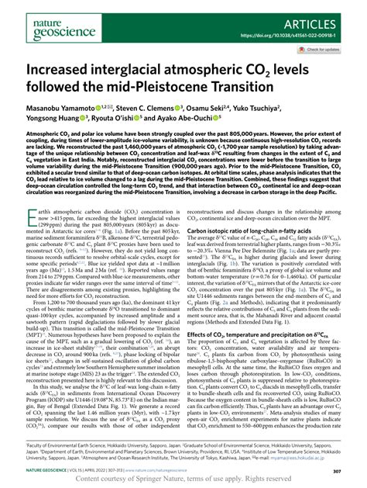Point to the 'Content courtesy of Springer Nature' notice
[x=183, y=479]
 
